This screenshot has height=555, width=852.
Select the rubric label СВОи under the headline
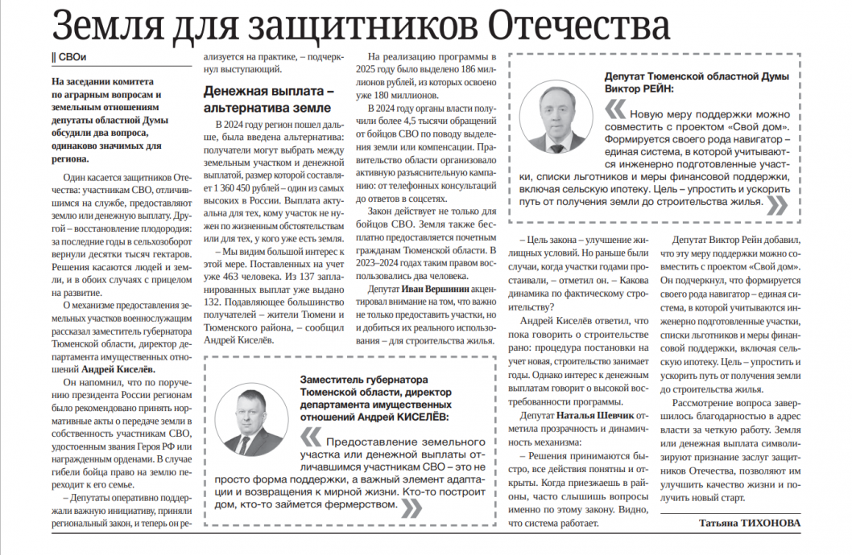pyautogui.click(x=71, y=58)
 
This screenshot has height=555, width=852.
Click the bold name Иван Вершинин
pyautogui.click(x=430, y=288)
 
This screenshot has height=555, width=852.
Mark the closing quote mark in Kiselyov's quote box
pyautogui.click(x=411, y=506)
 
